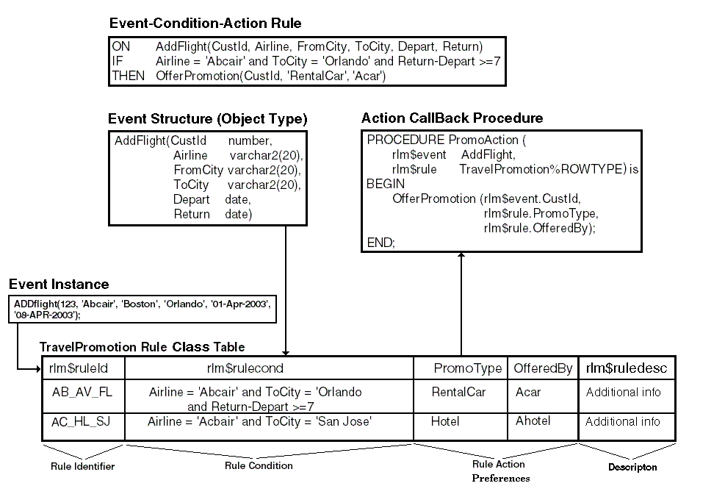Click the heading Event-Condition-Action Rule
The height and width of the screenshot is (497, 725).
coord(205,24)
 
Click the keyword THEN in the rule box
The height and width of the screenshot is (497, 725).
coord(129,76)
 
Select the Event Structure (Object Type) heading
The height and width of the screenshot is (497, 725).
coord(208,119)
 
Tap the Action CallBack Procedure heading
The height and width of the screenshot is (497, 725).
coord(452,118)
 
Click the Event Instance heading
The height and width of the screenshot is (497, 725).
coord(59,285)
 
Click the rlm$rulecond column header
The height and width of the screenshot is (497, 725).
coord(245,368)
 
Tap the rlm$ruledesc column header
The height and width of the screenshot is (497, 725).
coord(626,368)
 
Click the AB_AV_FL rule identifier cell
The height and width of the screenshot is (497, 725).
coord(82,393)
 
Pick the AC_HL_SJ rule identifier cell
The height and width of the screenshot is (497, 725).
coord(82,422)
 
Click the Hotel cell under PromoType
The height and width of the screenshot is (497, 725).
coord(445,422)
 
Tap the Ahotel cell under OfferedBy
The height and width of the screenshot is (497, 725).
coord(533,421)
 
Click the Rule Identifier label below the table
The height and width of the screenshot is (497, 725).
coord(82,466)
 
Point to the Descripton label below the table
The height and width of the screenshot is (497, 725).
coord(632,467)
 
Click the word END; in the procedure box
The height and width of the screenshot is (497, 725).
coord(380,242)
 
